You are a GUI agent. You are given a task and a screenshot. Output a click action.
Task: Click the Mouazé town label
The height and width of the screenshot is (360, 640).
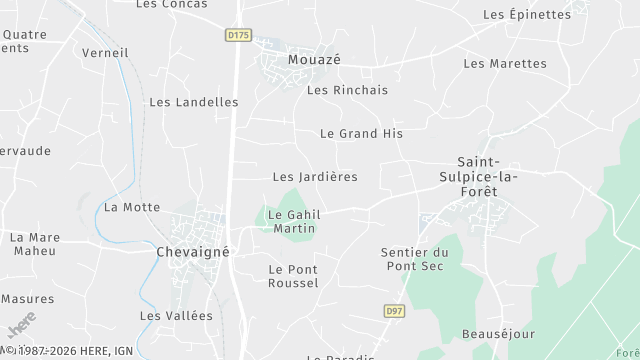point(314,60)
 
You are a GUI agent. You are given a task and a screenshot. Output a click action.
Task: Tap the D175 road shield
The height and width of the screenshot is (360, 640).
point(237,35)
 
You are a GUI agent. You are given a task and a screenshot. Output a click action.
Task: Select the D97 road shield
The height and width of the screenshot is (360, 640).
point(396,312)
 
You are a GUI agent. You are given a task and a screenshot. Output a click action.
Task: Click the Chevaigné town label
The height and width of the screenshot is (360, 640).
point(193,252)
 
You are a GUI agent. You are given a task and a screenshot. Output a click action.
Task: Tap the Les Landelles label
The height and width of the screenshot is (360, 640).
point(194,102)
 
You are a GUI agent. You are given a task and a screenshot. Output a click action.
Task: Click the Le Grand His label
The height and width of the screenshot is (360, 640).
point(361,133)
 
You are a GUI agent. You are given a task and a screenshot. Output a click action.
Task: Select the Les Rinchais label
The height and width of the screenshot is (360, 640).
point(347,90)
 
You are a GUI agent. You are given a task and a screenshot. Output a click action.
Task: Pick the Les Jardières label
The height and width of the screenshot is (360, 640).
point(315,177)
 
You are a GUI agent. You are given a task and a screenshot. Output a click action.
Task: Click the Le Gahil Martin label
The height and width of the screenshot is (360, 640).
point(292,221)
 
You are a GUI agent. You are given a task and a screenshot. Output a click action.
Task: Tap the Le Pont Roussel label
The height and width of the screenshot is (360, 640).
point(293,276)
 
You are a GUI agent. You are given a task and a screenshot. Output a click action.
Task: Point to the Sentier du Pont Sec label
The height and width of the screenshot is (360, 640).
point(415,259)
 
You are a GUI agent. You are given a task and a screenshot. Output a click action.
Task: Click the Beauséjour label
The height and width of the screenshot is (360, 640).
point(499,333)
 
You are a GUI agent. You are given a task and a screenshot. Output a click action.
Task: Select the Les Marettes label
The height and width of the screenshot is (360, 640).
point(505,64)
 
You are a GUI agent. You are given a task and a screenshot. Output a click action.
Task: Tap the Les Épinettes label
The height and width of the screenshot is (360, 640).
point(526,15)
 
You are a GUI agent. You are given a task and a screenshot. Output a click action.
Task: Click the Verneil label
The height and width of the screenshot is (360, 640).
point(105,53)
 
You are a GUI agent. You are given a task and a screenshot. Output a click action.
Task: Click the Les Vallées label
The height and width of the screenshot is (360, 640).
point(176,316)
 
